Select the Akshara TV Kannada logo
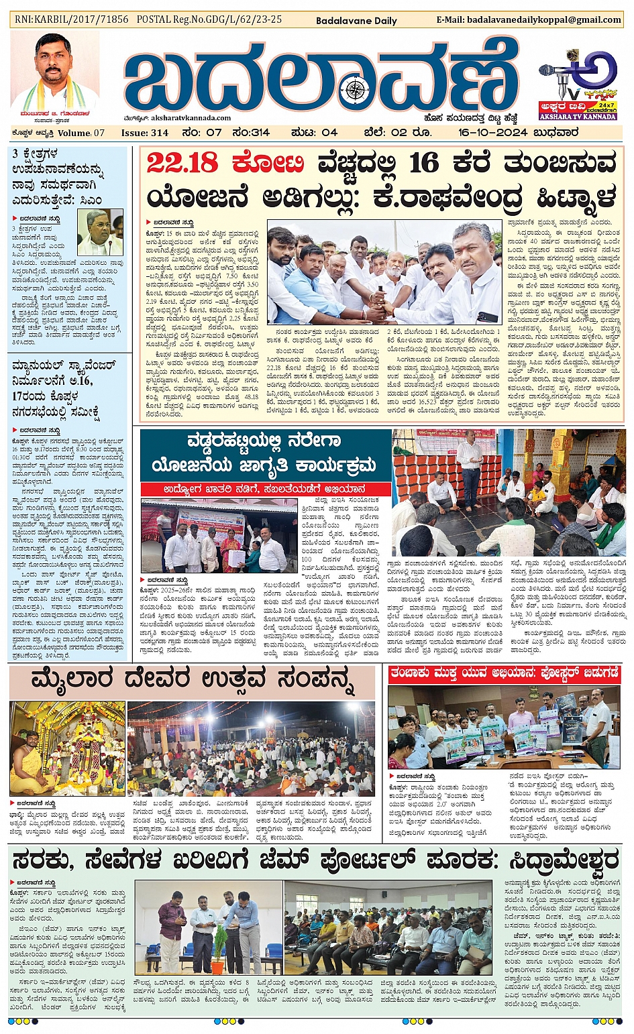[578, 85]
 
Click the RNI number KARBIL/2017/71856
[72, 19]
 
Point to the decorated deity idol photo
[67, 748]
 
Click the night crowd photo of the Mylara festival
[251, 748]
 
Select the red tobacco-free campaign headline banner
[504, 674]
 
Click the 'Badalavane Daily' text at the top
[356, 21]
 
